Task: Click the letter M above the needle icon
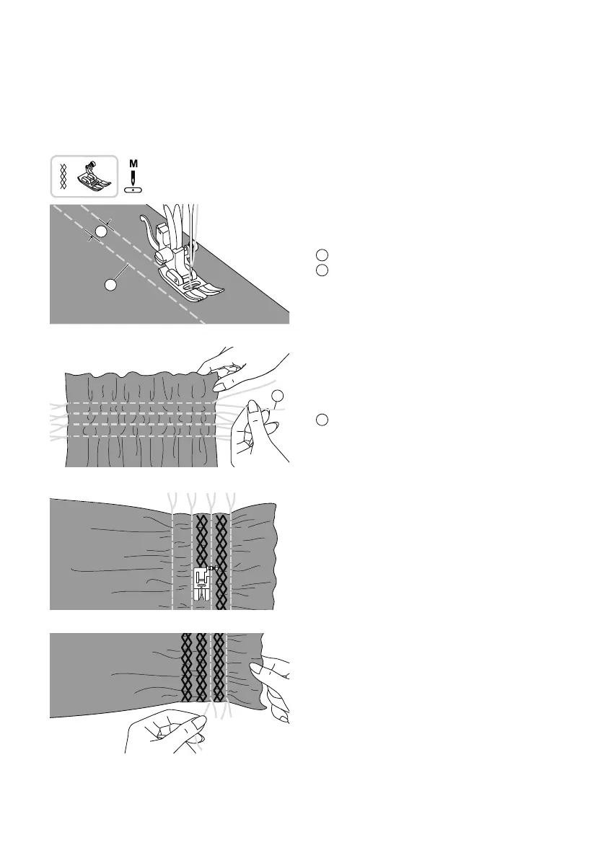click(x=133, y=163)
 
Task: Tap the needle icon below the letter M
click(x=133, y=180)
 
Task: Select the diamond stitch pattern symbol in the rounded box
click(x=63, y=176)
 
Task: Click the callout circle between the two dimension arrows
click(x=102, y=231)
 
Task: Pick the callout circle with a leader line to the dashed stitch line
click(x=111, y=285)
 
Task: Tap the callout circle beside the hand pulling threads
click(x=278, y=396)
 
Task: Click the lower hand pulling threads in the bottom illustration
click(x=162, y=728)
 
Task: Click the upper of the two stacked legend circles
click(x=322, y=255)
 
